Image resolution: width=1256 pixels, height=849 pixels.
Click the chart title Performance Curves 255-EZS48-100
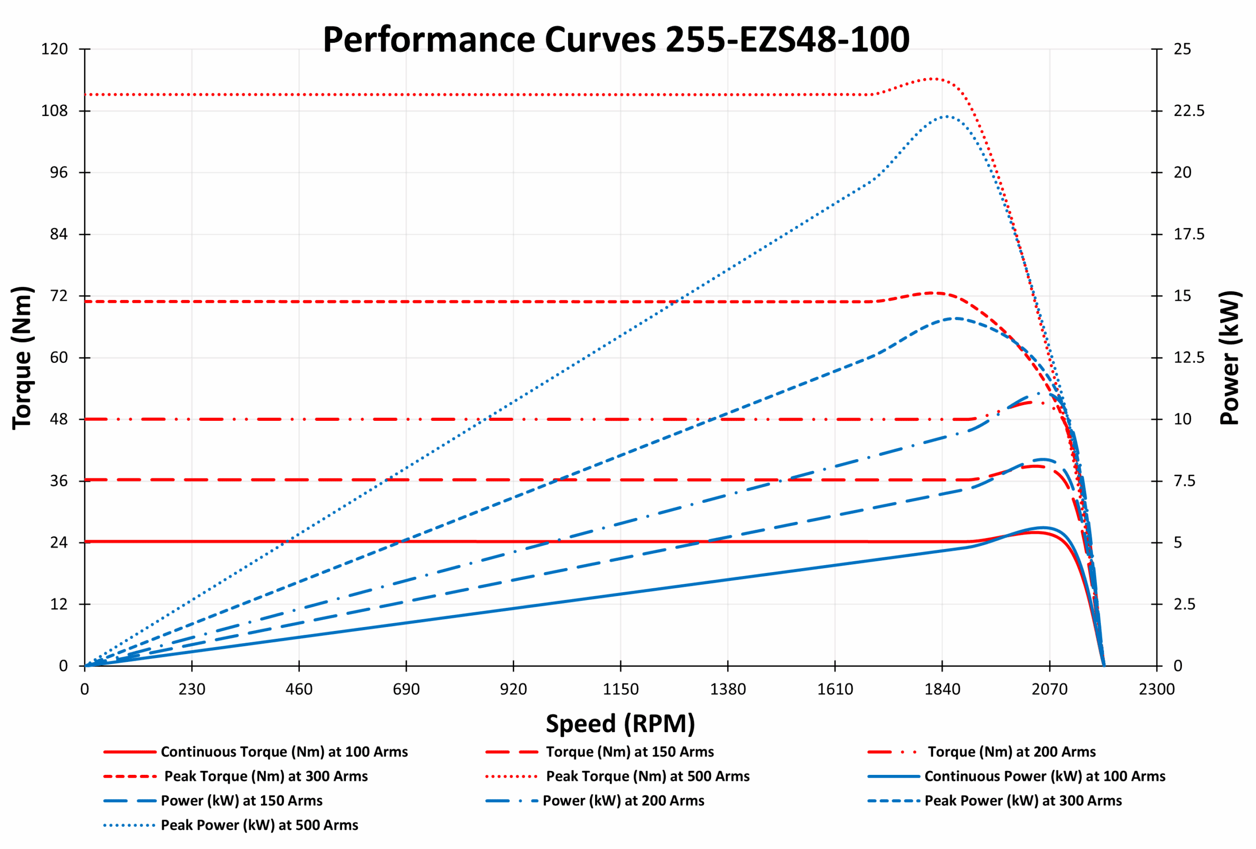tap(616, 39)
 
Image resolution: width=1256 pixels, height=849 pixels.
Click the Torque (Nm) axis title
tap(22, 357)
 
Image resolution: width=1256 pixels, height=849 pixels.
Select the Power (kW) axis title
tap(1230, 357)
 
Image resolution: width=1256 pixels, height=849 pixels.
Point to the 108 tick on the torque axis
tap(54, 111)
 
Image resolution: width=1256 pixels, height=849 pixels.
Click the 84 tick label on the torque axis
tap(58, 234)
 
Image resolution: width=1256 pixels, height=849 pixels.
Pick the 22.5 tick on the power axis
tap(1189, 111)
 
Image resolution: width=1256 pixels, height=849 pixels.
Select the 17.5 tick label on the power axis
tap(1189, 234)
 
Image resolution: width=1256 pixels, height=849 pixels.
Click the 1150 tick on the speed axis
tap(621, 689)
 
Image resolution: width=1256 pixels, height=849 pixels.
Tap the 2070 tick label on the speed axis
tap(1049, 689)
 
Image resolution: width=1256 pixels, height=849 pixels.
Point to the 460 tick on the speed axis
tap(299, 689)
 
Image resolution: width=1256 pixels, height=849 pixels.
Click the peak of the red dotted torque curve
tap(933, 79)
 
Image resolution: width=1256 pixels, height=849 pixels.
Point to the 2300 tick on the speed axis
tap(1156, 689)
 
